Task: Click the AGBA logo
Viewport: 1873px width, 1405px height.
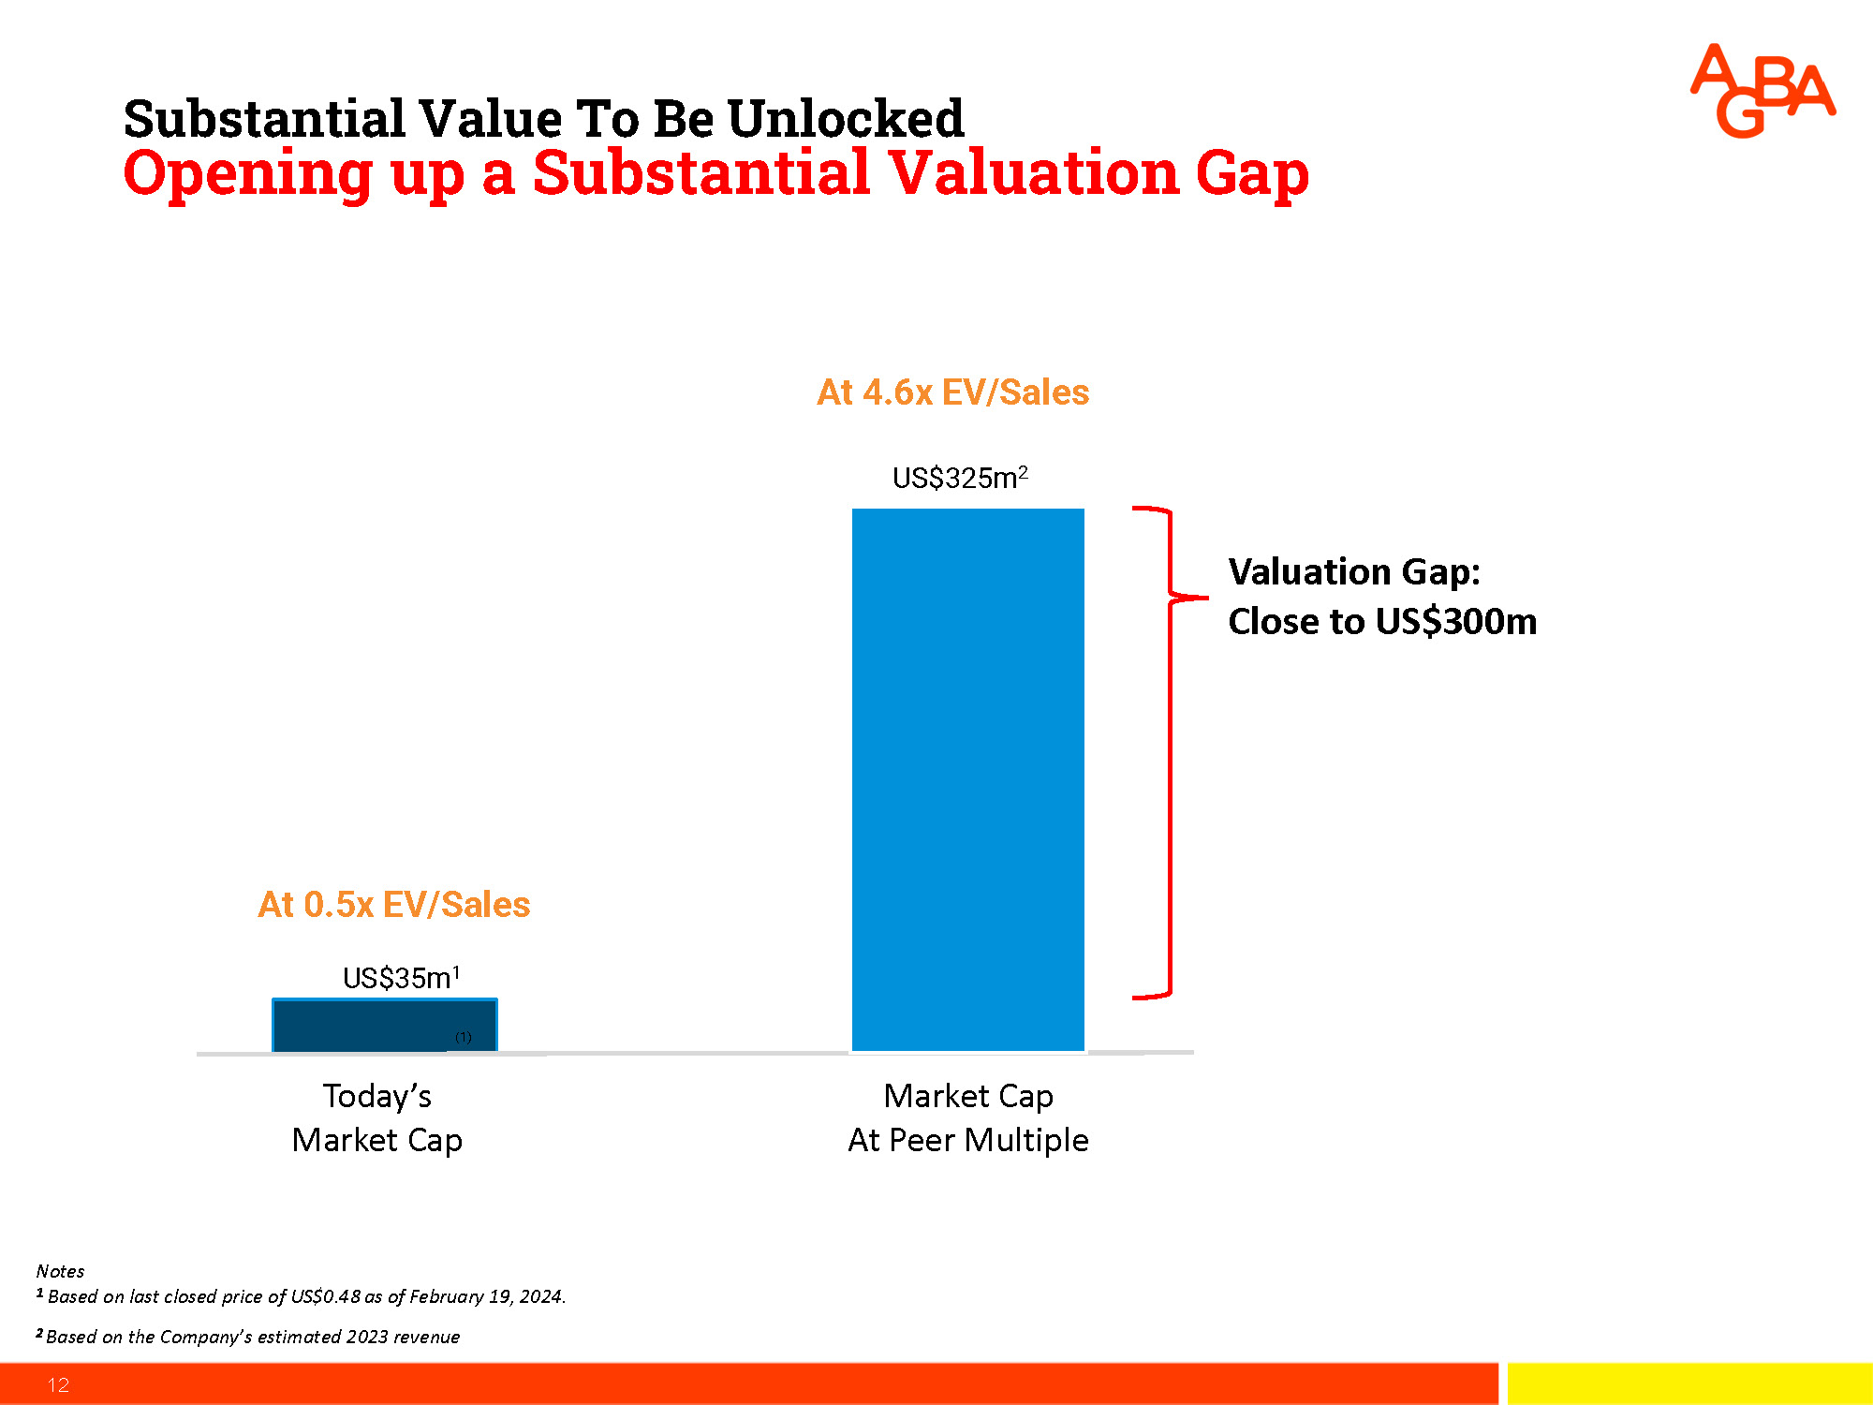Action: [x=1762, y=91]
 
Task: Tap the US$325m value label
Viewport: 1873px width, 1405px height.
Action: [x=959, y=478]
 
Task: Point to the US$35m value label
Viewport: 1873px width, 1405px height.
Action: [x=401, y=978]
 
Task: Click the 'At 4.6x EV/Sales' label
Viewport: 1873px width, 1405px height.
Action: [x=952, y=392]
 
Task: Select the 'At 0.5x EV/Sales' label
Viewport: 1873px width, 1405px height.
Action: [x=393, y=905]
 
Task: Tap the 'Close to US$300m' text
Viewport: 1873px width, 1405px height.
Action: [x=1381, y=622]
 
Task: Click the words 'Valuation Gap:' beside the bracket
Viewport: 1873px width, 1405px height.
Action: [x=1353, y=571]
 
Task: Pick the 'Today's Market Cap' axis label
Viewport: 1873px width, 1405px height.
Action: [x=376, y=1117]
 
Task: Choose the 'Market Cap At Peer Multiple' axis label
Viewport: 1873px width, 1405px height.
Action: [x=967, y=1117]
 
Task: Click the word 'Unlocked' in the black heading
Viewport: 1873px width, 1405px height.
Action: [x=845, y=119]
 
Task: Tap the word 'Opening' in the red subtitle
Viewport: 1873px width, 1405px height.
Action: [x=248, y=174]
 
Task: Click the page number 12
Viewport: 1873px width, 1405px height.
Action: [x=58, y=1384]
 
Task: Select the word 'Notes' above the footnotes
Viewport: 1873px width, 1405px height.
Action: [x=60, y=1271]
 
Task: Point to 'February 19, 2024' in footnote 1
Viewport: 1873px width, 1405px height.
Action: [x=486, y=1296]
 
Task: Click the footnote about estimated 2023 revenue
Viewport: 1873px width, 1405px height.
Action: [x=252, y=1337]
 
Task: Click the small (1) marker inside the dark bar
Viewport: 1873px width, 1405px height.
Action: [x=464, y=1037]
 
